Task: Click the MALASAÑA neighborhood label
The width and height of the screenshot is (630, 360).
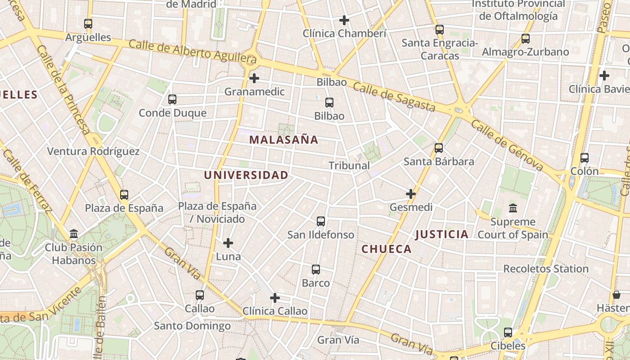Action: [x=283, y=140]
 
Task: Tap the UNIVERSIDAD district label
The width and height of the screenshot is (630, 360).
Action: [x=246, y=175]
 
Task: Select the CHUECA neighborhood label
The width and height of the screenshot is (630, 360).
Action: [x=387, y=249]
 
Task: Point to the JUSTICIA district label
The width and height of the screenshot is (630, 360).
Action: [x=441, y=234]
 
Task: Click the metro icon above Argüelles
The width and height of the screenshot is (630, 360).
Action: [x=88, y=24]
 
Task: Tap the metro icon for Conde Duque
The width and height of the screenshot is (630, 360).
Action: [x=172, y=99]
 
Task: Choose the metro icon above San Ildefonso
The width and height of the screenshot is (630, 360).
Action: [x=321, y=221]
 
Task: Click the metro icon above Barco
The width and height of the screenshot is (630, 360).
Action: [x=316, y=270]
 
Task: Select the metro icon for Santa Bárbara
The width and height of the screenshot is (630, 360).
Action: [x=439, y=148]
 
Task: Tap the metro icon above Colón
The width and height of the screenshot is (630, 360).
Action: [x=585, y=158]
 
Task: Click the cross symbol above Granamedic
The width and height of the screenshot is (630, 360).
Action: [x=254, y=78]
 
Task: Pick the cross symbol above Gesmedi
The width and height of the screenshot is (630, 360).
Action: [x=411, y=194]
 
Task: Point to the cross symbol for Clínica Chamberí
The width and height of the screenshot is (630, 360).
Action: [x=344, y=20]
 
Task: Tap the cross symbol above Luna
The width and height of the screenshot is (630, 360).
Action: [x=228, y=243]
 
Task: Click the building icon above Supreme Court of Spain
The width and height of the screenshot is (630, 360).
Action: [x=513, y=208]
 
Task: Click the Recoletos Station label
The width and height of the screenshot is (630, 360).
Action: [x=545, y=269]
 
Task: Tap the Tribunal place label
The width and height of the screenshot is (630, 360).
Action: [x=349, y=166]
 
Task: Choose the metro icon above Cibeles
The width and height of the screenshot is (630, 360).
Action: [x=508, y=333]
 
